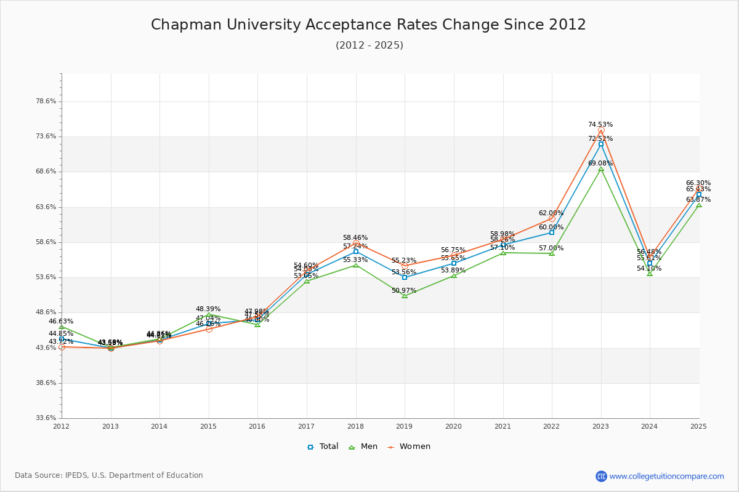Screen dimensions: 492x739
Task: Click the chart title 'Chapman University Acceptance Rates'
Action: pos(368,25)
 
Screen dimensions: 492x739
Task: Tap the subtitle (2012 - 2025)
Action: pos(369,46)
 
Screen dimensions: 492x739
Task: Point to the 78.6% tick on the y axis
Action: pos(46,101)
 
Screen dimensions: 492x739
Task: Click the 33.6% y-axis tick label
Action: pos(46,418)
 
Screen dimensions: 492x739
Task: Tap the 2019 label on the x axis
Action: pos(405,426)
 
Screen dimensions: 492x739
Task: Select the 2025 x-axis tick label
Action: pos(698,426)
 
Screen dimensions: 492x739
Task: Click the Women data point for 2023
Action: pos(601,130)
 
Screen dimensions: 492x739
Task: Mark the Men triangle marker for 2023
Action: pos(601,169)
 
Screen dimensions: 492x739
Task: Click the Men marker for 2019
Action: pos(405,296)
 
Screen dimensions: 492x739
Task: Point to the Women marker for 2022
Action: pos(552,218)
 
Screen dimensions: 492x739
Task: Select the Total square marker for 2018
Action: pos(356,252)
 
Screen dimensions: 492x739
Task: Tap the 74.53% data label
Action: pos(600,125)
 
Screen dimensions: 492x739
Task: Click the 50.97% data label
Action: pos(404,291)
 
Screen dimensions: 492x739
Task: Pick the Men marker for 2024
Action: pos(650,274)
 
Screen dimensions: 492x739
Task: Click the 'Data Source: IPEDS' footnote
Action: pos(109,475)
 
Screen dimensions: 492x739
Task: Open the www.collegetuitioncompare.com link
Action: pos(666,476)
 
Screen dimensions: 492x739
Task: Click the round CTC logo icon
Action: pos(601,476)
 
